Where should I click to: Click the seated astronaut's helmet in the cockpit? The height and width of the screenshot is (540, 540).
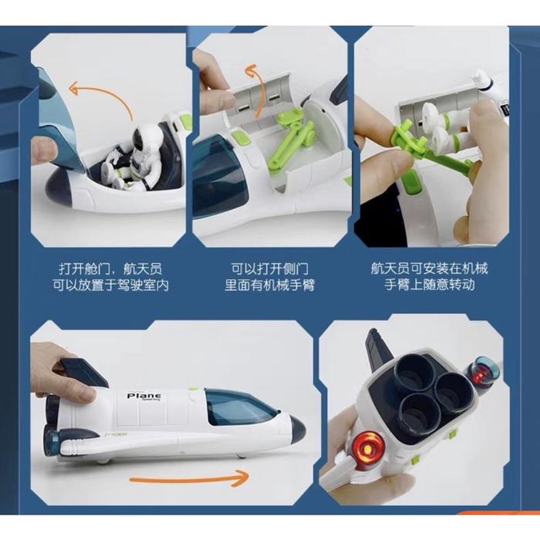(149, 138)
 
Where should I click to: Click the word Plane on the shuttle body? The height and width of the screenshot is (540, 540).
(143, 395)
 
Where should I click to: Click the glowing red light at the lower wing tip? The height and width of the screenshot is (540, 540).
(368, 449)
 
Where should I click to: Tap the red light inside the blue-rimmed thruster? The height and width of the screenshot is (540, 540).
(481, 372)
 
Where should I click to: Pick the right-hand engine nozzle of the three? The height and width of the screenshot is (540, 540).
(454, 393)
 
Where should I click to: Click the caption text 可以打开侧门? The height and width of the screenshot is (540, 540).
(270, 268)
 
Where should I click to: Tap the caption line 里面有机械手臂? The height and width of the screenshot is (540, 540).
(270, 285)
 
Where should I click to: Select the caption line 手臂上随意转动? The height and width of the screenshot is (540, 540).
(430, 285)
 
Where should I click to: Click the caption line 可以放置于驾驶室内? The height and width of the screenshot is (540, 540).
(111, 285)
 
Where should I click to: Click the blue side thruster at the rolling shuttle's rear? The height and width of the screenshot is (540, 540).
(52, 442)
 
